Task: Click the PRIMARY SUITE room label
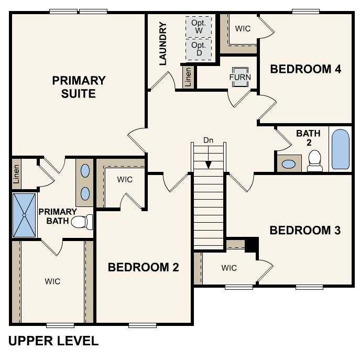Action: coord(79,87)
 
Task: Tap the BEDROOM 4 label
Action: coord(306,69)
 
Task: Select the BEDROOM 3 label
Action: coord(306,230)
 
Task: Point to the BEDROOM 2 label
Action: coord(143,267)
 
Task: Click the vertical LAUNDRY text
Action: coord(162,43)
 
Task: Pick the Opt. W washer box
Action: coord(199,27)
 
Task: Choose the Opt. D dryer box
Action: coord(199,49)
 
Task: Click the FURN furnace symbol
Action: coord(240,77)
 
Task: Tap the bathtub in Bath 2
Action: coord(341,149)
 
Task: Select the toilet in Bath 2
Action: coord(315,161)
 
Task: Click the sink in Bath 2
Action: coord(289,163)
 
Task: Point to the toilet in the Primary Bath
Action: coord(81,222)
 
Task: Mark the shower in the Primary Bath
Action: coord(24,215)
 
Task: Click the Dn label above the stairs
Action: coord(209,140)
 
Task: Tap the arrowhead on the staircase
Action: coord(209,165)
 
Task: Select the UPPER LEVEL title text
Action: coord(53,341)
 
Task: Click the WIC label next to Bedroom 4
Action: coord(243,29)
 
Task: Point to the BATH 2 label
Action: coord(308,138)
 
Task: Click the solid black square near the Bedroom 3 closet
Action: coord(252,244)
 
